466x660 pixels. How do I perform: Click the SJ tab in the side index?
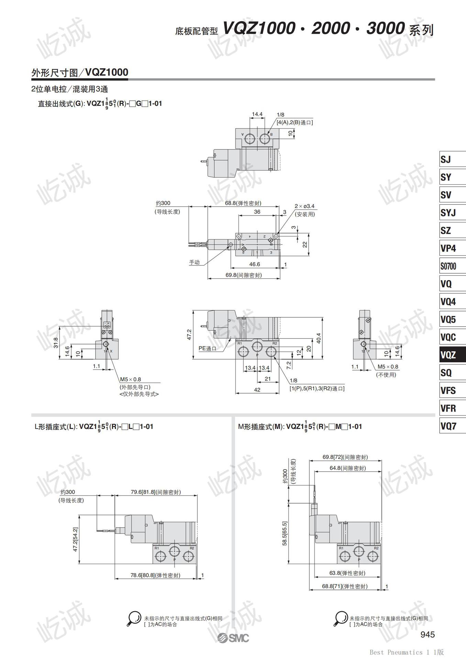coord(453,159)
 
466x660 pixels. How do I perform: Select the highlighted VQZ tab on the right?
coord(453,355)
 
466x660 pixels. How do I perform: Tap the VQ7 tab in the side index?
coord(453,426)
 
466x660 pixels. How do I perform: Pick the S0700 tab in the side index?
coord(453,266)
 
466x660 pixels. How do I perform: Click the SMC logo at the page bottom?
coord(233,638)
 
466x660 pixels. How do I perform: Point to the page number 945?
coord(428,634)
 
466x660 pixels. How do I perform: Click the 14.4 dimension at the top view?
coord(257,114)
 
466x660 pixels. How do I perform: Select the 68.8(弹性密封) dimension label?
coord(243,203)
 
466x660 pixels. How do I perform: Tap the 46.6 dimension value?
coord(254,264)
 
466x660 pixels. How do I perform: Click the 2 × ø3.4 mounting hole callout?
coord(304,206)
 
